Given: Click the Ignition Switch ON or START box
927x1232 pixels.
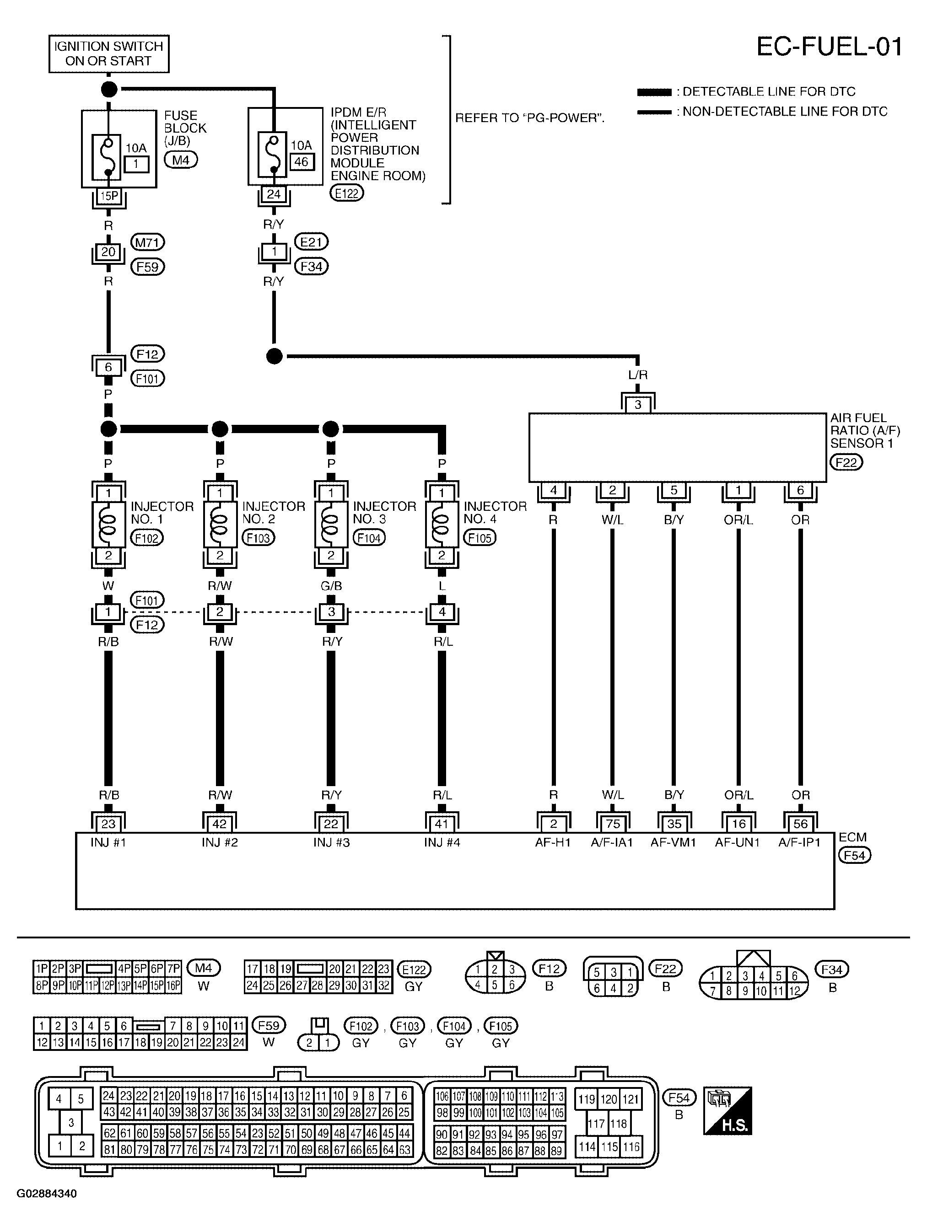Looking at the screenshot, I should click(x=108, y=54).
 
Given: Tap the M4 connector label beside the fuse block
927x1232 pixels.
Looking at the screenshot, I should click(x=180, y=161).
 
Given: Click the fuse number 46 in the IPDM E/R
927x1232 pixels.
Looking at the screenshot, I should click(x=302, y=162).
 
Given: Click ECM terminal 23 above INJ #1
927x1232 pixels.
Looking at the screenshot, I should click(x=108, y=824).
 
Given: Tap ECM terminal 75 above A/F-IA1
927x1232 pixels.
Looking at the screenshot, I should click(x=612, y=824).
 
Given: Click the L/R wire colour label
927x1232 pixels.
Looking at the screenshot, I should click(x=638, y=375).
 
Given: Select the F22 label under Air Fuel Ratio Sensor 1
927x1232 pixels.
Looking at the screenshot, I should click(x=846, y=462).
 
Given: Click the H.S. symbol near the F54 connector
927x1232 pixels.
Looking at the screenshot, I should click(x=728, y=1110).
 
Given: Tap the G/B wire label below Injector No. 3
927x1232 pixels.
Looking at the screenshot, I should click(x=331, y=586).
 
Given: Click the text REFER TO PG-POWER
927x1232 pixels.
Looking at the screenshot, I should click(x=529, y=118).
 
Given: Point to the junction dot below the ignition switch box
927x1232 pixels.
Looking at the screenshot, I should click(x=109, y=89).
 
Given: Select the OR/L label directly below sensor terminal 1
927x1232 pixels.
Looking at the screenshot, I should click(x=738, y=520).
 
